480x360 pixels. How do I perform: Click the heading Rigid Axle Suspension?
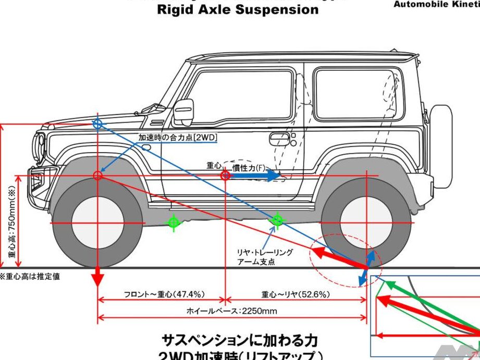pos(238,9)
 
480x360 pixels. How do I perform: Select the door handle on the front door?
pos(279,139)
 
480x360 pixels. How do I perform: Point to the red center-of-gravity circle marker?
pos(225,176)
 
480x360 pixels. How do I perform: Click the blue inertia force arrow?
pos(255,176)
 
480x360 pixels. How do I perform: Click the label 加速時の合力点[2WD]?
pos(178,138)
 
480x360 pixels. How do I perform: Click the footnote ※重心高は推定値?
pos(30,277)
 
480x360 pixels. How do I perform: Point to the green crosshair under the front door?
pos(174,222)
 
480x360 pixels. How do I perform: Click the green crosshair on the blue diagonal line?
pos(278,220)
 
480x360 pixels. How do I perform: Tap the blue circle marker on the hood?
pos(97,123)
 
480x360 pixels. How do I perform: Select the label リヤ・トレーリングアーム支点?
pos(265,257)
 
